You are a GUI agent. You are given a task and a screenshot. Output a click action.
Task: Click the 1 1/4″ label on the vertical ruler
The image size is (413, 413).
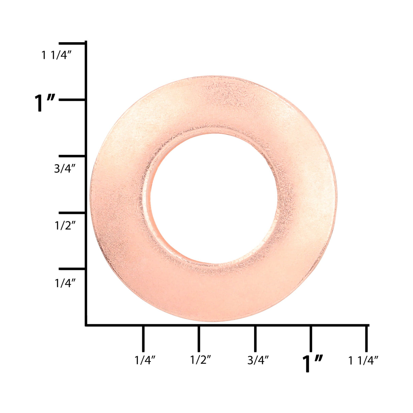[x=56, y=55]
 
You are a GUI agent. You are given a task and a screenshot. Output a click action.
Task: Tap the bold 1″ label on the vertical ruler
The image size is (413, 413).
[x=45, y=103]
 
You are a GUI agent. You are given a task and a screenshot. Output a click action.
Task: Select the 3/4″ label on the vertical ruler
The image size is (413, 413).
[x=65, y=168]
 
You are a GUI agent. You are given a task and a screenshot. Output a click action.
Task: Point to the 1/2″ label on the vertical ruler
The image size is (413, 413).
[x=65, y=225]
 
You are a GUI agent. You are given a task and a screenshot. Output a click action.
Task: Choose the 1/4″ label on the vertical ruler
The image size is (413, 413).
[x=65, y=283]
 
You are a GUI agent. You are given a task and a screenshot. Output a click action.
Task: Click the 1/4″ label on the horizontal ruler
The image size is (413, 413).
[x=145, y=360]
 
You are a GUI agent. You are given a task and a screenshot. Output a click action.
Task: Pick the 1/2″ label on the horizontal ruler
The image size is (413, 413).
[x=201, y=360]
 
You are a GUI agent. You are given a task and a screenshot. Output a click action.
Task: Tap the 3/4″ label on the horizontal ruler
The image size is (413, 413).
[x=258, y=360]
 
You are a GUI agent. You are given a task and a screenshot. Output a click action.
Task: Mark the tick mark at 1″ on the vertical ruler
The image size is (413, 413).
[x=72, y=100]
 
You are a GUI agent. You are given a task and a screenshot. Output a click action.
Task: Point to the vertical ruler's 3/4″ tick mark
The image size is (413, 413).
[x=72, y=156]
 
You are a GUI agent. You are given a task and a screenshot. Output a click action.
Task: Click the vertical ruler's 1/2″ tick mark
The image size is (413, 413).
[x=72, y=213]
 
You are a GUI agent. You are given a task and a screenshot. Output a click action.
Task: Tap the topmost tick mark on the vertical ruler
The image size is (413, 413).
[x=72, y=44]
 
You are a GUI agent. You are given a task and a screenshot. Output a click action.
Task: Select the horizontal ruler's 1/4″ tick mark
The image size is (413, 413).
[x=143, y=338]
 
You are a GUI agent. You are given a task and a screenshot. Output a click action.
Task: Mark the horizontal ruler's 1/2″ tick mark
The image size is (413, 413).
[x=199, y=338]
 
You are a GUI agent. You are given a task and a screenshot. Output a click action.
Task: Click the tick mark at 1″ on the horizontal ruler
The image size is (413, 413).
[x=311, y=338]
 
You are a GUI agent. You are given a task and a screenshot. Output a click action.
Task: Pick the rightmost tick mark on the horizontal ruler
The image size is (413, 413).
[x=366, y=338]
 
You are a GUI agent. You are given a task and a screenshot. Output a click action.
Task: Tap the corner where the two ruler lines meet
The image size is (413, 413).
[x=86, y=325]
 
